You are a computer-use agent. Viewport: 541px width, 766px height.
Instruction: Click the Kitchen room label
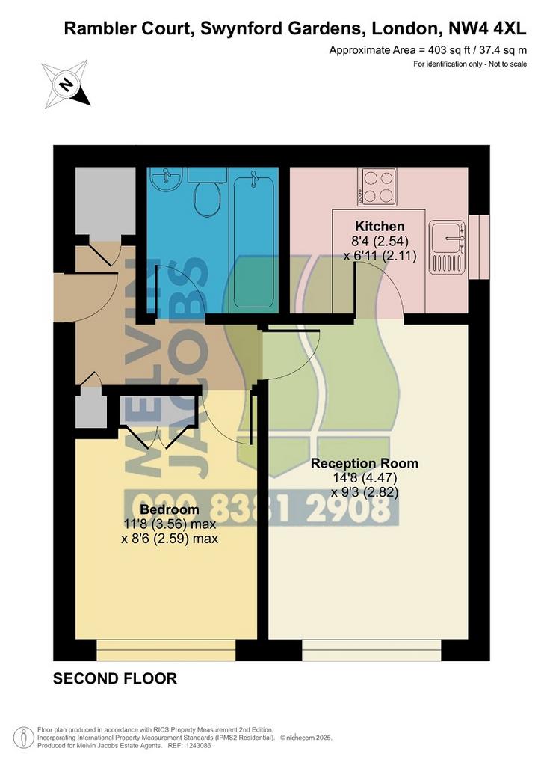[x=380, y=226]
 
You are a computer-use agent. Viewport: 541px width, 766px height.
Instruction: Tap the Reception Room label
[x=365, y=463]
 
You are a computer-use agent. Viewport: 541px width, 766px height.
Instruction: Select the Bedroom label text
[x=170, y=509]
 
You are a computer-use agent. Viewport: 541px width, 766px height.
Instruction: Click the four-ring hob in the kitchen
[x=377, y=186]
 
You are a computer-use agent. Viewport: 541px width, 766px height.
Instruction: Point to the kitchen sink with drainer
[x=447, y=247]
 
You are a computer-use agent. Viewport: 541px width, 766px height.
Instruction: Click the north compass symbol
[x=67, y=84]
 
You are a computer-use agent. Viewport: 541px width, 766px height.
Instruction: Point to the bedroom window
[x=166, y=649]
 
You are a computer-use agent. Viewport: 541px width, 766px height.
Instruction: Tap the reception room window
[x=371, y=649]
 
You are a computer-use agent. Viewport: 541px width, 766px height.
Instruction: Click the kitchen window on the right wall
[x=478, y=247]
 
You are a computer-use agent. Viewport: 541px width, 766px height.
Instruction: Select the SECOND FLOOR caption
[x=114, y=678]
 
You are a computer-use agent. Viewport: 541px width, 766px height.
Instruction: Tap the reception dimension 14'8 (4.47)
[x=364, y=477]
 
